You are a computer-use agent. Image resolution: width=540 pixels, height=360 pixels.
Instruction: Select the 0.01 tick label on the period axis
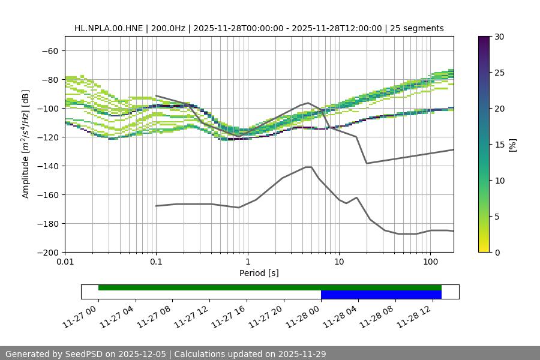pyautogui.click(x=65, y=263)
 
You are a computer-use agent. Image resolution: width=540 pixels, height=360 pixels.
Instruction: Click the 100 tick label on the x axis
pyautogui.click(x=430, y=263)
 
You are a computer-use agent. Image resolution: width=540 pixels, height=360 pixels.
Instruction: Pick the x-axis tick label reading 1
pyautogui.click(x=248, y=263)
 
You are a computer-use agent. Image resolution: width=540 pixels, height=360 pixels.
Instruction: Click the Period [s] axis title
pyautogui.click(x=259, y=273)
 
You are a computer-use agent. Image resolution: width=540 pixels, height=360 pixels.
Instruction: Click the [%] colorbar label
pyautogui.click(x=512, y=145)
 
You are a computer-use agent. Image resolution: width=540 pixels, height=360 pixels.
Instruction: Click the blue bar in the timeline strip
pyautogui.click(x=381, y=295)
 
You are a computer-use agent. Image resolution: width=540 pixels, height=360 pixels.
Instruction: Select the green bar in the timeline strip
pyautogui.click(x=270, y=287)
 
